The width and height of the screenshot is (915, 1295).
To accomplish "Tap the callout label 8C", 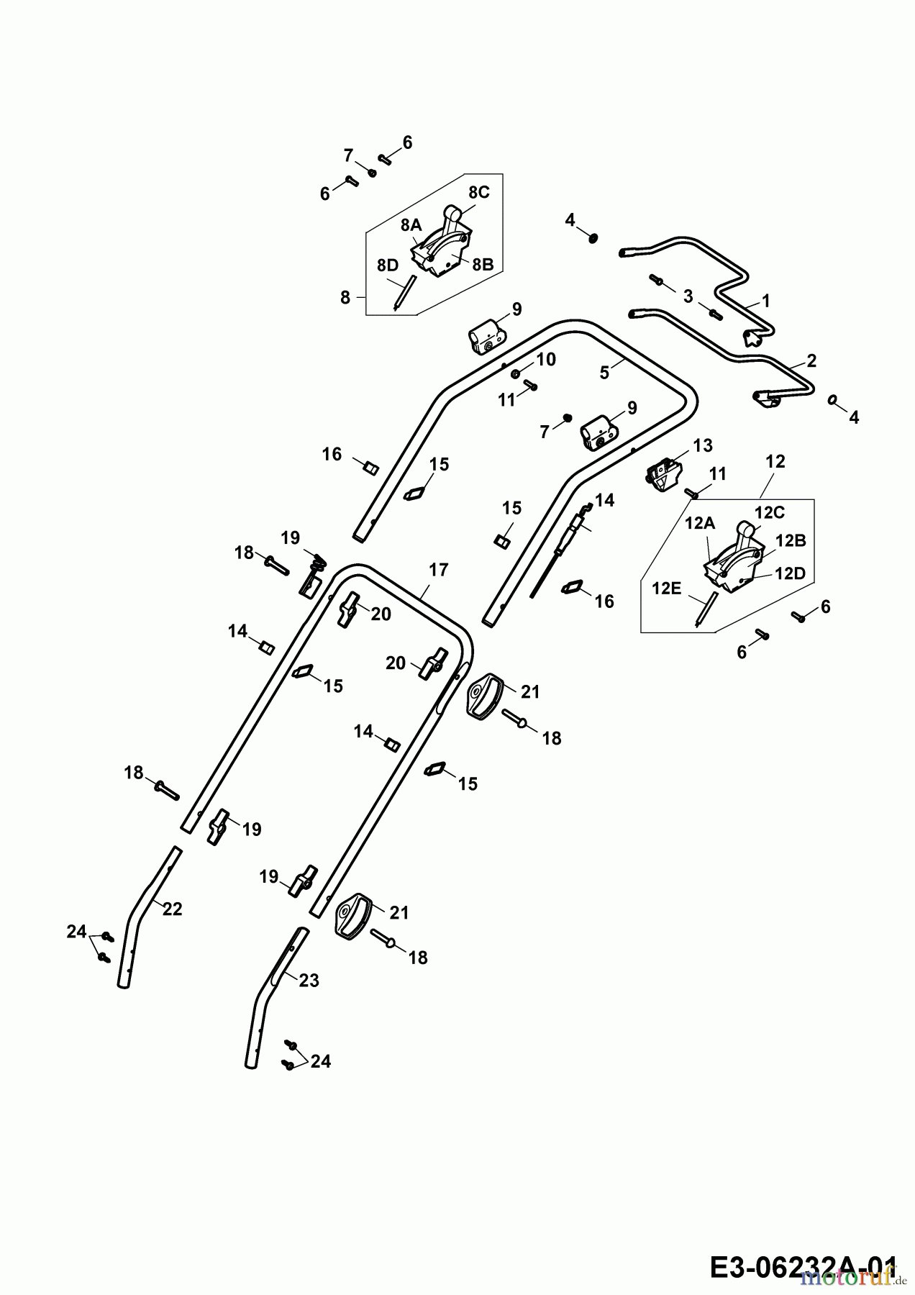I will coord(478,192).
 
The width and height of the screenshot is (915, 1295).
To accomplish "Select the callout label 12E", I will coord(666,589).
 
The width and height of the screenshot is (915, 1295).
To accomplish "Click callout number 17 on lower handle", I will coord(438,571).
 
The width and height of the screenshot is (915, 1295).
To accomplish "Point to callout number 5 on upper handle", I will coord(605,372).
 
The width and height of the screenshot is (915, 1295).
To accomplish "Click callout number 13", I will coord(703,445).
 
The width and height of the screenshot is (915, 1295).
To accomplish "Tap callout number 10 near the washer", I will coord(547,359).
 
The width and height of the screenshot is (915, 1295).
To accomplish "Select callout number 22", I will coord(173,909).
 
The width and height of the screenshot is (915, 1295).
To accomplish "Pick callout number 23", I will coord(309,980).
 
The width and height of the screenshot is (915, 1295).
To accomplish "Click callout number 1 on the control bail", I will coord(766,301).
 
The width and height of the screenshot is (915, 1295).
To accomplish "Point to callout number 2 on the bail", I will coord(811,360).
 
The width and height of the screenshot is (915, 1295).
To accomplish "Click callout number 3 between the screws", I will coord(688,296).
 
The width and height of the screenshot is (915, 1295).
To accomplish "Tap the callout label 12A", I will coord(699,524).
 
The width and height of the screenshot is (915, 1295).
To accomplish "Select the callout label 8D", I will coord(388,265).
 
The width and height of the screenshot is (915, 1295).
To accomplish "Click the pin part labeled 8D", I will coord(403,291).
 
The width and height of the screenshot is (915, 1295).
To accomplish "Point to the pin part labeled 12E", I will coord(703,608).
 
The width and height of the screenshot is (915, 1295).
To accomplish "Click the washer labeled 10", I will coord(516,373).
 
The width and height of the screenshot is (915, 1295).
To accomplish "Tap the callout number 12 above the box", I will coord(775,461).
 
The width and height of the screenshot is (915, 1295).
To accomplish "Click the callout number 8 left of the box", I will coord(345,296).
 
